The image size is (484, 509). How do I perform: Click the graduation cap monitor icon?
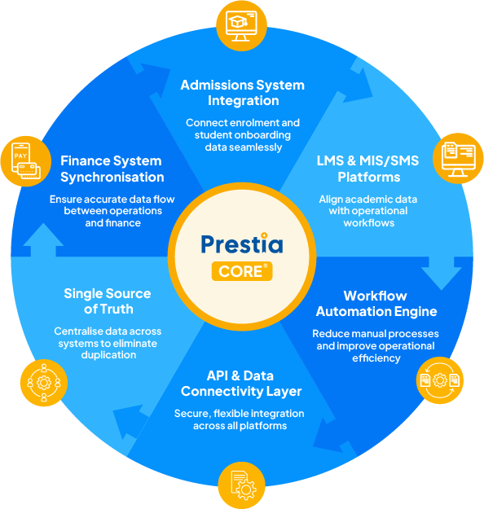tap(241, 25)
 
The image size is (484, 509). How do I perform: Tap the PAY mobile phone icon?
tap(26, 161)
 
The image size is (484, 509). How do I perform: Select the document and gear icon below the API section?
tap(241, 485)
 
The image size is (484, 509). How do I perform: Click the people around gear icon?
tap(44, 383)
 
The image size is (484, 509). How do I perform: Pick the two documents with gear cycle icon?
tap(440, 380)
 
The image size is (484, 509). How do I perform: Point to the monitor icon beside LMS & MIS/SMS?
tap(458, 159)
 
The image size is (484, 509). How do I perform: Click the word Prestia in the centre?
tap(242, 244)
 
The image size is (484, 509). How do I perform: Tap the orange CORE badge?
tap(242, 271)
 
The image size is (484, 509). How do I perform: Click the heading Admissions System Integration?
tap(243, 93)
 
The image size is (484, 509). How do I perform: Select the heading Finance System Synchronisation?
tap(112, 169)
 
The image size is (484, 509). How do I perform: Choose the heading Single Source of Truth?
tap(108, 301)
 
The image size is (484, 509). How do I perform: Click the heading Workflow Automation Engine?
tap(376, 304)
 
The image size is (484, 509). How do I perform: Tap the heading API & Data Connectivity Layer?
tap(241, 384)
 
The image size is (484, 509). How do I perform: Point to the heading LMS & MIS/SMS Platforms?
tap(368, 169)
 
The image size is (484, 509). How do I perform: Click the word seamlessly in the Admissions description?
tap(244, 147)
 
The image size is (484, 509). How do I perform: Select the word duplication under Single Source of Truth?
tap(108, 355)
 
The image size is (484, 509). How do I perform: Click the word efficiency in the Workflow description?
tap(376, 358)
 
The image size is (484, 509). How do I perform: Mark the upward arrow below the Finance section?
tap(43, 240)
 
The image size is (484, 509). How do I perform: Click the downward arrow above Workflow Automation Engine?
tap(442, 274)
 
